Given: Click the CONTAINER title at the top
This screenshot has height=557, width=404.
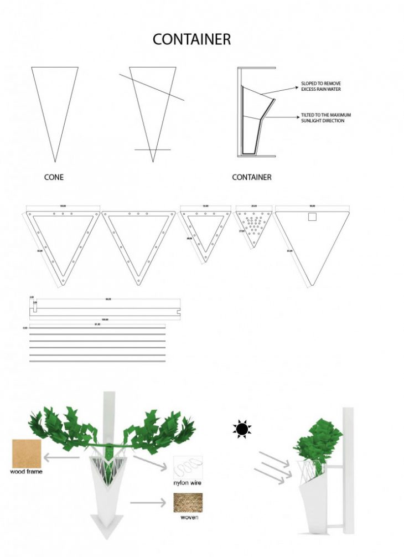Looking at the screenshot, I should pyautogui.click(x=191, y=40).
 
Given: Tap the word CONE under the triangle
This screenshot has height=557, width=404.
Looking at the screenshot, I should pyautogui.click(x=54, y=177).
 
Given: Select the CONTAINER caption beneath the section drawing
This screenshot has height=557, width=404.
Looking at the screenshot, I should pyautogui.click(x=251, y=177).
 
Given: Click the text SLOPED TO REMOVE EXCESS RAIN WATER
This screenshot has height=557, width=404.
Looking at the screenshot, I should pyautogui.click(x=321, y=86).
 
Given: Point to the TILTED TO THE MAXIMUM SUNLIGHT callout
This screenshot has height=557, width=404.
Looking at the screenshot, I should pyautogui.click(x=325, y=117).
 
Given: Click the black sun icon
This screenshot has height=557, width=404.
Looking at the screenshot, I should pyautogui.click(x=241, y=429).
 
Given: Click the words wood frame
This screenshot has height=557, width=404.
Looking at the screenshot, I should pyautogui.click(x=27, y=472).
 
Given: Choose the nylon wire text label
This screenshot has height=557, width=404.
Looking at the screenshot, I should pyautogui.click(x=188, y=483).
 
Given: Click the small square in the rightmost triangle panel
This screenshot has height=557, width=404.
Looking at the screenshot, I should pyautogui.click(x=313, y=218).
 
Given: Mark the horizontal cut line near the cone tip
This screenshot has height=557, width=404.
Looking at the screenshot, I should pyautogui.click(x=152, y=149).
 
